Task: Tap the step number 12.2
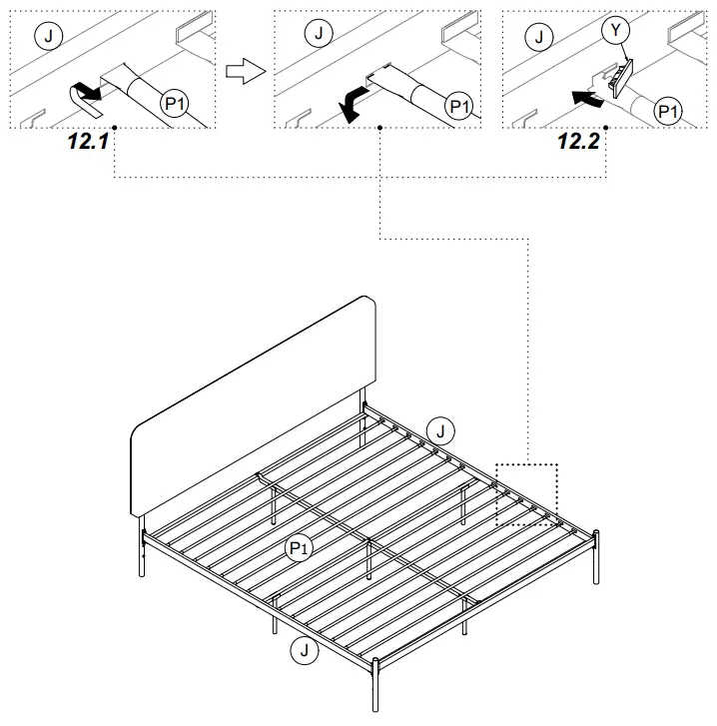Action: tap(578, 141)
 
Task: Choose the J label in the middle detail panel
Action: tap(319, 35)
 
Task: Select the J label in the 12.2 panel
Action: tap(540, 37)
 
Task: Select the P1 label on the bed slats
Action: tap(298, 546)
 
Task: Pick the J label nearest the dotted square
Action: tap(440, 431)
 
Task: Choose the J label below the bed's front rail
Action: tap(304, 651)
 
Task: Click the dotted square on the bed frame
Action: tap(527, 494)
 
